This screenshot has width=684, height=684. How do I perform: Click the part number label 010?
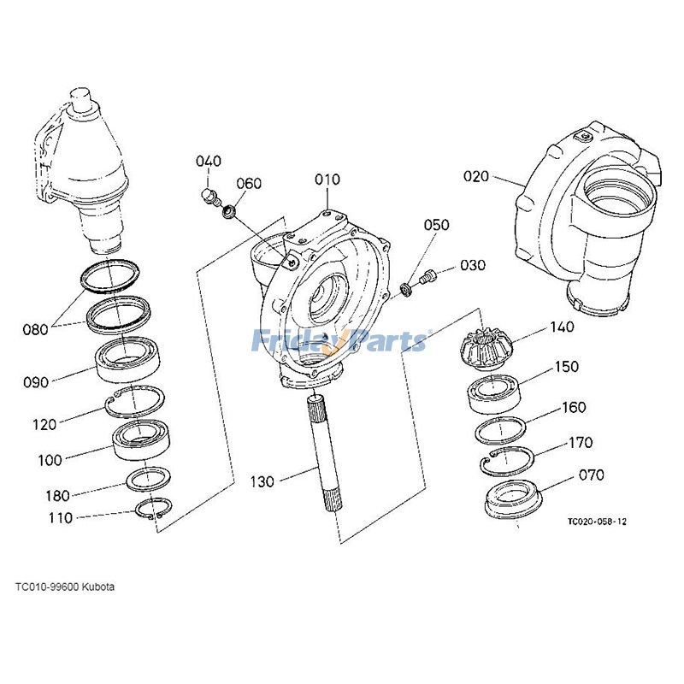coord(327,180)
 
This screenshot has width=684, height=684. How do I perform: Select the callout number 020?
coord(476,177)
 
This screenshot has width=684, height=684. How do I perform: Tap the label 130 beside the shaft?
coord(262,482)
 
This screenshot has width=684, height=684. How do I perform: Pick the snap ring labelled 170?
coord(508,462)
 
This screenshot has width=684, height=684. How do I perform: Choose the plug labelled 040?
coord(207,199)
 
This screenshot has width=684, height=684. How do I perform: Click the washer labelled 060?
coord(228,210)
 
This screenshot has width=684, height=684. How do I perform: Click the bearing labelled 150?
coord(493,395)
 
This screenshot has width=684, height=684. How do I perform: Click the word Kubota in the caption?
coord(97,587)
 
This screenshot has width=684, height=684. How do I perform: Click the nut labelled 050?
coord(407,289)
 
